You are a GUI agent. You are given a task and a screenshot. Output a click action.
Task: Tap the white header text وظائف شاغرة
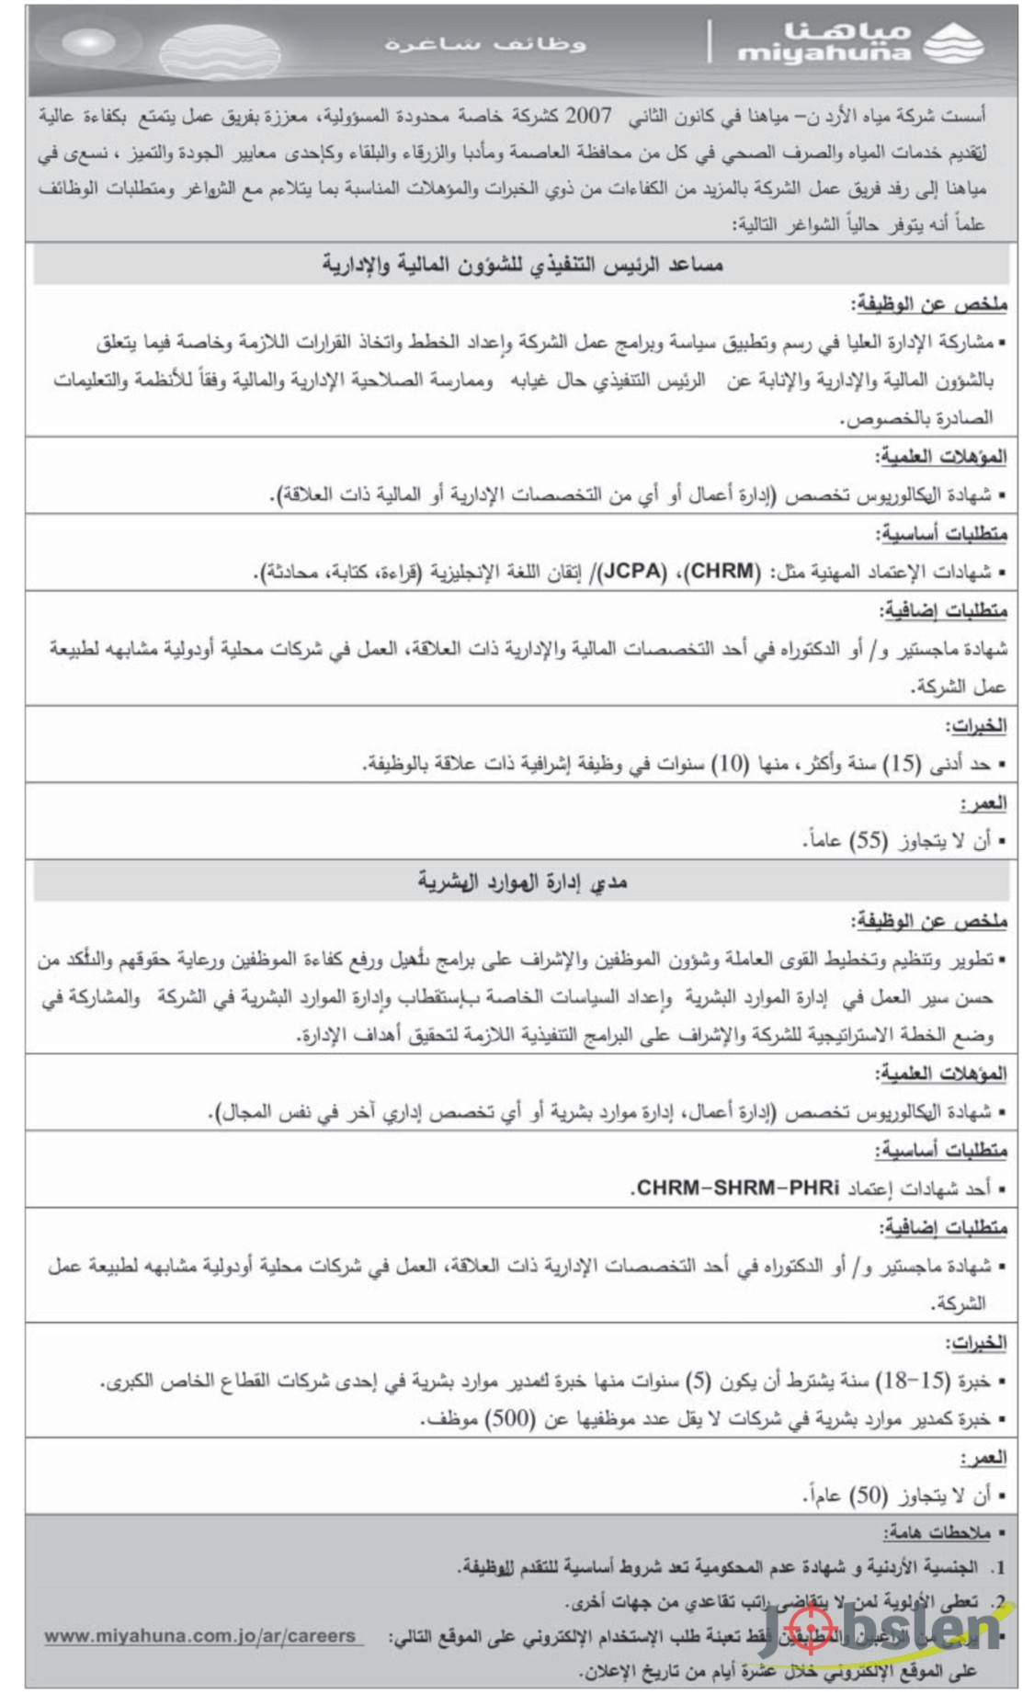485,43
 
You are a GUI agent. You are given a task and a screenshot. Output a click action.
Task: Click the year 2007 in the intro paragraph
587,117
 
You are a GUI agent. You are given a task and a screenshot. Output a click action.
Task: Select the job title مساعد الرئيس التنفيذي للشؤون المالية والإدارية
522,265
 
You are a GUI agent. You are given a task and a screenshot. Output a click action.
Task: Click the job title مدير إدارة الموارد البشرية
522,882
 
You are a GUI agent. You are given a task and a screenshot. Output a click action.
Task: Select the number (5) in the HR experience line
700,1381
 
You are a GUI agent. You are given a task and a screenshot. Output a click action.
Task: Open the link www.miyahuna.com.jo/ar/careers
199,1636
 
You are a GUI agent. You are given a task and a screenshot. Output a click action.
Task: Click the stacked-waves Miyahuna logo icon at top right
952,43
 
